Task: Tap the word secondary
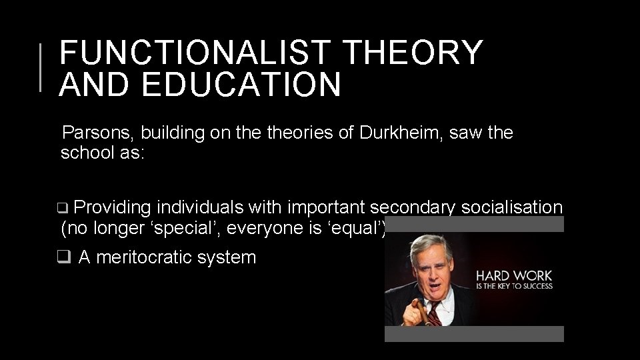pyautogui.click(x=411, y=208)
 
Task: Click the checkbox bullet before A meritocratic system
pyautogui.click(x=64, y=257)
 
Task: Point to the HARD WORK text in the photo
pyautogui.click(x=513, y=276)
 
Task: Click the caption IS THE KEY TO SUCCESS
pyautogui.click(x=513, y=287)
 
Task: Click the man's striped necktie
pyautogui.click(x=433, y=313)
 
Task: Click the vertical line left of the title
pyautogui.click(x=41, y=67)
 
